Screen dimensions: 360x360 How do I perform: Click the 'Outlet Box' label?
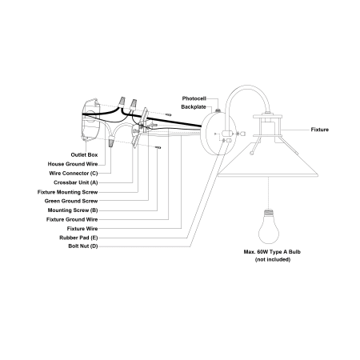(x=84, y=155)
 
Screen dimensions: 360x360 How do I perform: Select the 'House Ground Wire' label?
(x=73, y=164)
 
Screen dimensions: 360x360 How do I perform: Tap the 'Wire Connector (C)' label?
(x=74, y=174)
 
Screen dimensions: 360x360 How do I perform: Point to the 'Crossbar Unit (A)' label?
(x=76, y=182)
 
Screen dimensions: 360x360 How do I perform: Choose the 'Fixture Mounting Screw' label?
(x=68, y=192)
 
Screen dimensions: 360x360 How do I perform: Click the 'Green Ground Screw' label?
(x=71, y=201)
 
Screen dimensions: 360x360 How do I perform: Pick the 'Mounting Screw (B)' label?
(x=73, y=210)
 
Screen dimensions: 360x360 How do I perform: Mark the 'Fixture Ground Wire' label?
(x=72, y=219)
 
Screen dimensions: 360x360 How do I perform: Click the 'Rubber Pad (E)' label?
(x=78, y=238)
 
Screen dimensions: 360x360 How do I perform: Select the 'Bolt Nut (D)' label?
(x=83, y=246)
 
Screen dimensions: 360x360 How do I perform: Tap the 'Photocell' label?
(x=194, y=98)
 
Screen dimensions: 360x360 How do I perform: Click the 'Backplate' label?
(x=194, y=107)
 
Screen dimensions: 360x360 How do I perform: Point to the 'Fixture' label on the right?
(x=320, y=130)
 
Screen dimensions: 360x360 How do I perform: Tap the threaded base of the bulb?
(x=269, y=214)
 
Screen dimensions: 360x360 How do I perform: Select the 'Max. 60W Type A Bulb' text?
(x=272, y=252)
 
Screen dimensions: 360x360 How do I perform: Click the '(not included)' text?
(x=273, y=259)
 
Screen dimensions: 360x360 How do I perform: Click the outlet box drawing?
(x=90, y=120)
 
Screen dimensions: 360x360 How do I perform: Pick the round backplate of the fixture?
(x=218, y=133)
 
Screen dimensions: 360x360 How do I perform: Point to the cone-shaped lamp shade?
(x=268, y=160)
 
